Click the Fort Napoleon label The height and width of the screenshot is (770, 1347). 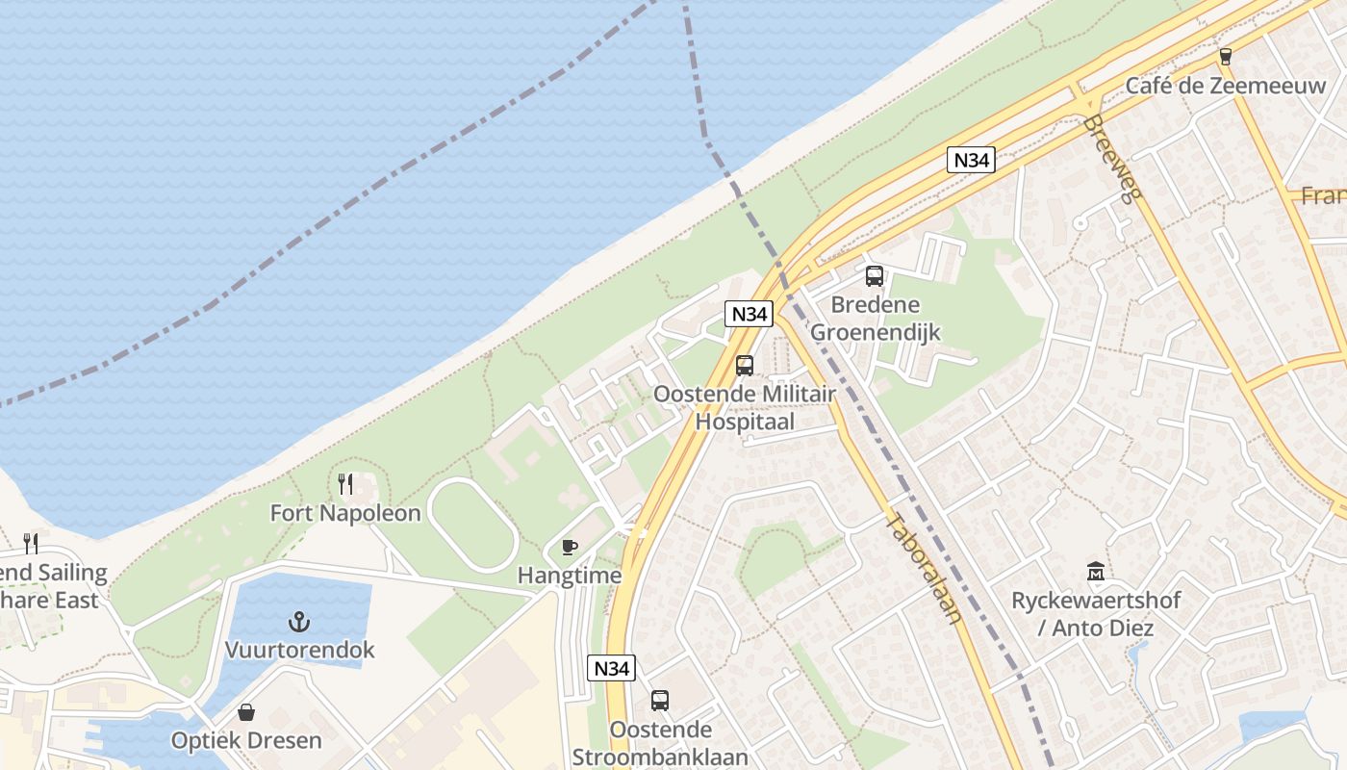pos(345,513)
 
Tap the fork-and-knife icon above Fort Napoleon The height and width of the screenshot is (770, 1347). pos(345,483)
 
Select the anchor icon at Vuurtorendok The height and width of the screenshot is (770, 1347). pos(299,621)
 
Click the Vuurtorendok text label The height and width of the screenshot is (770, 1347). pos(299,650)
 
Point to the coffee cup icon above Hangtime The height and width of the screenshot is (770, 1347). pos(570,547)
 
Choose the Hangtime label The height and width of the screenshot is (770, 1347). pos(570,576)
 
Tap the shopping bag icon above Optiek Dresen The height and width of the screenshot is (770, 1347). pos(246,712)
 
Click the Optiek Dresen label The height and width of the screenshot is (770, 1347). pos(246,741)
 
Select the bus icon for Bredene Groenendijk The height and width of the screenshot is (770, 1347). pos(874,276)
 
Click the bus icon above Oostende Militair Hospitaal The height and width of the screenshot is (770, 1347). pos(745,366)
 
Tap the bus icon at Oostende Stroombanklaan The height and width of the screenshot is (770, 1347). pos(659,700)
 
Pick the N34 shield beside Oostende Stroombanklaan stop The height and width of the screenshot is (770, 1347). pos(611,667)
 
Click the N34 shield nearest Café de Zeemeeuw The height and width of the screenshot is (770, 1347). pos(970,160)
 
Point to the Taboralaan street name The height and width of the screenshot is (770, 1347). pos(923,568)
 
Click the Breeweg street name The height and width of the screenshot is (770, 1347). pos(1111,160)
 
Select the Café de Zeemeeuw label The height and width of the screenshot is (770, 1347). pos(1225,85)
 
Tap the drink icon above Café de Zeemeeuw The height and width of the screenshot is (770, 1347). pos(1225,56)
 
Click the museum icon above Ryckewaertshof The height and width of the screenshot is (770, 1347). pos(1095,572)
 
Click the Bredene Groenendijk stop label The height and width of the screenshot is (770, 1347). pos(875,319)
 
